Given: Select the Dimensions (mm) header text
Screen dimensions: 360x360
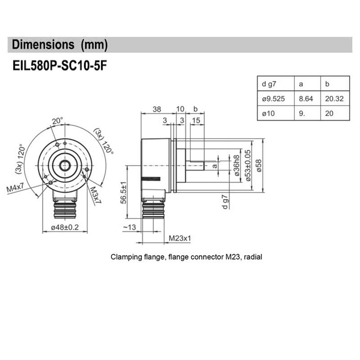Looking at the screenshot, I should (x=60, y=45).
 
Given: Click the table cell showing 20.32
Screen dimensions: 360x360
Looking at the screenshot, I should (x=334, y=99).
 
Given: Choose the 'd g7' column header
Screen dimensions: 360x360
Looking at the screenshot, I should (x=269, y=84).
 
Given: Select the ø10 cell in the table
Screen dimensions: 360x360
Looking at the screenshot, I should (x=268, y=113).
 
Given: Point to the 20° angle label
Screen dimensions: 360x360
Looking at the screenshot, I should (x=57, y=121).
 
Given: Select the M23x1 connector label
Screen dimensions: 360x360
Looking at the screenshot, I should (x=180, y=238).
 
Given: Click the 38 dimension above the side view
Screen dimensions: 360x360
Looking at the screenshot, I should (x=157, y=109).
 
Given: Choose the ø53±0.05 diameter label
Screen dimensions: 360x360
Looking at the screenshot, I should (x=247, y=165).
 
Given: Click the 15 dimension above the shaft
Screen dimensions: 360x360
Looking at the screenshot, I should (x=196, y=120).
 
